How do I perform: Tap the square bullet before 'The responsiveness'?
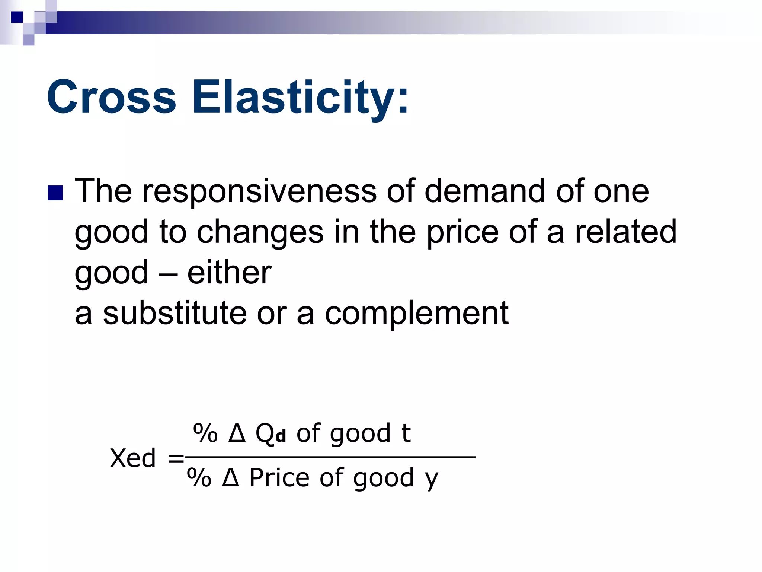point(55,193)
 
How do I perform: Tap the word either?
point(229,273)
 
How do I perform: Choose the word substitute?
point(175,313)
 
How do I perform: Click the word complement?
point(417,314)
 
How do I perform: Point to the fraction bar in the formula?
point(330,457)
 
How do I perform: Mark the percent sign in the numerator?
point(205,433)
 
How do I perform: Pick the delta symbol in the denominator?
point(231,477)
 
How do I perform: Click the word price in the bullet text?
point(462,233)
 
